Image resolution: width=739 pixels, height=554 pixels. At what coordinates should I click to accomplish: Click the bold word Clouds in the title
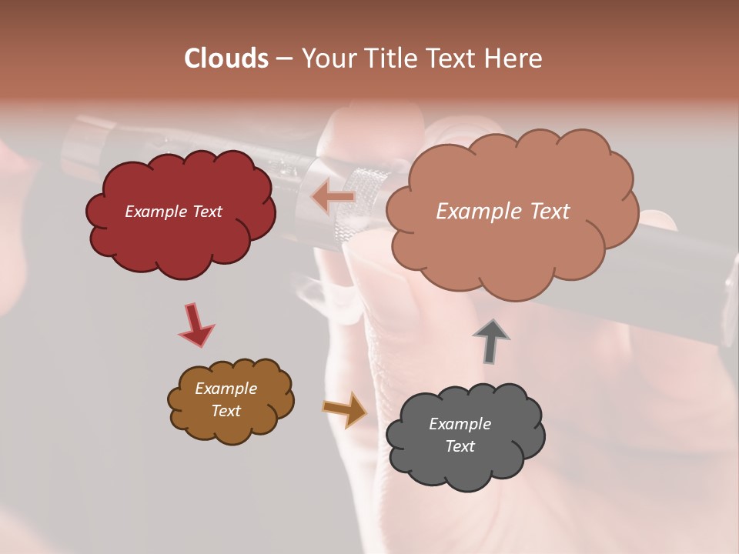click(x=226, y=58)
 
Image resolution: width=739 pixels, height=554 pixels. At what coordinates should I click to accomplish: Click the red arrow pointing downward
click(x=196, y=325)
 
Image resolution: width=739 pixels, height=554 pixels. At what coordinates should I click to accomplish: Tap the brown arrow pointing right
click(x=345, y=409)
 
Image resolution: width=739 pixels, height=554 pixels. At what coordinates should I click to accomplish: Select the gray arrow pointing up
click(x=490, y=341)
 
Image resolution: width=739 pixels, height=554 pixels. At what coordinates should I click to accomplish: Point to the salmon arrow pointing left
click(x=333, y=198)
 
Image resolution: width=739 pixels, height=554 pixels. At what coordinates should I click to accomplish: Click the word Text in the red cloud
click(x=207, y=212)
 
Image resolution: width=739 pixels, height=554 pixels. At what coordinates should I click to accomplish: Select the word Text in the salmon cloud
click(x=548, y=212)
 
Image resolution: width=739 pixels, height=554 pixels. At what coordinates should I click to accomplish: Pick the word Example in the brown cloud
click(x=226, y=389)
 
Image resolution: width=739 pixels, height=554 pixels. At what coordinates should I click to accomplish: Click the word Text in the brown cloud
click(x=226, y=411)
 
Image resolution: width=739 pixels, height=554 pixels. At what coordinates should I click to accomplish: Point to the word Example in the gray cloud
click(x=460, y=424)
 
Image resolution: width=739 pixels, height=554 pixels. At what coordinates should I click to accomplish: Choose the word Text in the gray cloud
click(x=460, y=446)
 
